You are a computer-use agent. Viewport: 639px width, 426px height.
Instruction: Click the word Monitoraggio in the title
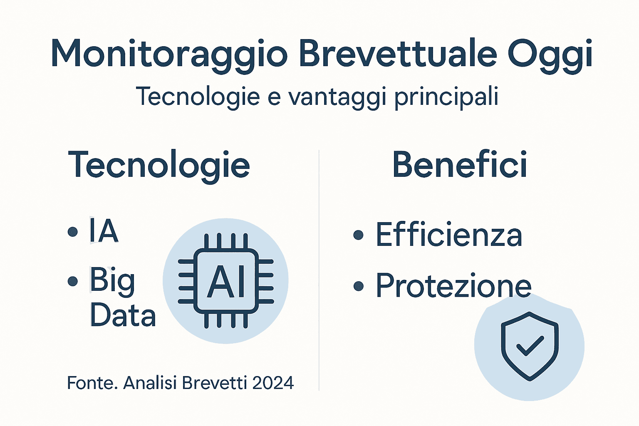[x=168, y=54]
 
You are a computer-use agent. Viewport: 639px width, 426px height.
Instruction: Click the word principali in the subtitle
[x=446, y=97]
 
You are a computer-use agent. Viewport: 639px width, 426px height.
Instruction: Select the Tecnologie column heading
[x=159, y=165]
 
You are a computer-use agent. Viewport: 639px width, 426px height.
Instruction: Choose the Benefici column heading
[x=460, y=164]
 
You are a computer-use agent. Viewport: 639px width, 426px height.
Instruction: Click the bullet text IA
[x=104, y=231]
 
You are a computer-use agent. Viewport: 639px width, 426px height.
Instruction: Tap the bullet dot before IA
[x=73, y=232]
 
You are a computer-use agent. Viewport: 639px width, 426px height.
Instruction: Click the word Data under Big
[x=123, y=315]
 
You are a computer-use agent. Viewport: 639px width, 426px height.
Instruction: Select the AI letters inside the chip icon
[x=226, y=282]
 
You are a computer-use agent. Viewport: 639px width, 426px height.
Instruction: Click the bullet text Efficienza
[x=449, y=235]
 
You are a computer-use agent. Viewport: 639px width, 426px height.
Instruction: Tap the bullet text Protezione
[x=453, y=286]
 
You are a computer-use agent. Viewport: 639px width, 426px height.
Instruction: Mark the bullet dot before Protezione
[x=358, y=286]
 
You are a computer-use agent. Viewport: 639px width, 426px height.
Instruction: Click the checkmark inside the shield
[x=530, y=345]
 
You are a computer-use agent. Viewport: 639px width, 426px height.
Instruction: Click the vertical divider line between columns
[x=319, y=270]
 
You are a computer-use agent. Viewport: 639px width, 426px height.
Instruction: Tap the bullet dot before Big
[x=73, y=282]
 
